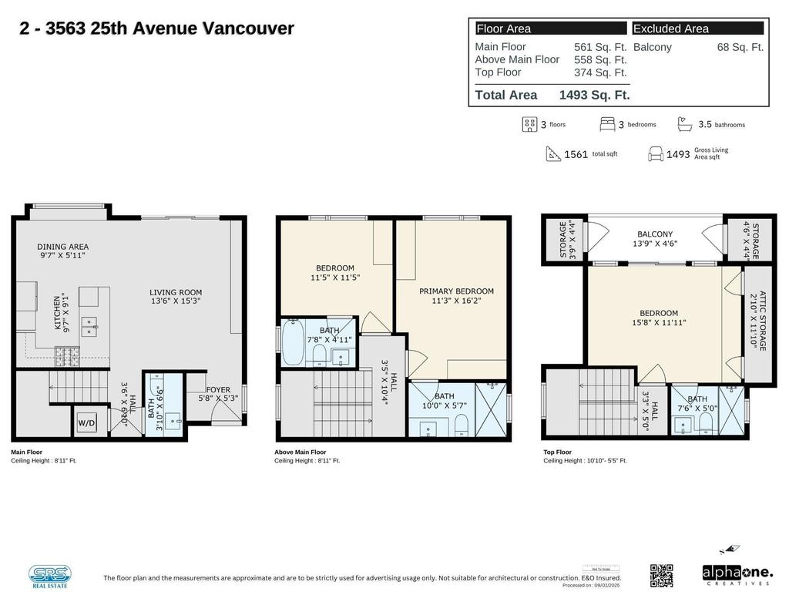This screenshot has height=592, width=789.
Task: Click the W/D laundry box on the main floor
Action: point(86,422)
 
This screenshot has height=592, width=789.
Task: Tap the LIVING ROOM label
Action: point(176,292)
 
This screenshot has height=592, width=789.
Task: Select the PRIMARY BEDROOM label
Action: point(456,291)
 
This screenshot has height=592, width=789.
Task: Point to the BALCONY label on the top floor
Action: point(655,234)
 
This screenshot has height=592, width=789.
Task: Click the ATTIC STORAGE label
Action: point(762,321)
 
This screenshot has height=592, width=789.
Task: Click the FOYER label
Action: point(218,390)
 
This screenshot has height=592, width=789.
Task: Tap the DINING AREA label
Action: point(62,247)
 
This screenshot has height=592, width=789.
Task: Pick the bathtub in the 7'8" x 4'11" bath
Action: point(293,343)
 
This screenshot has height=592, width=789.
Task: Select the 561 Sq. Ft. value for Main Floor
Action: point(600,47)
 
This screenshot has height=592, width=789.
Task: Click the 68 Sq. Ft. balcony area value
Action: point(740,47)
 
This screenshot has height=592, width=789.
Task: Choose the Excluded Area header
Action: point(670,29)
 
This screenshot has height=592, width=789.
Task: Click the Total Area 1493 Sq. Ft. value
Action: point(594,95)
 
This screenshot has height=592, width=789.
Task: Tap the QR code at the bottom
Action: point(661,575)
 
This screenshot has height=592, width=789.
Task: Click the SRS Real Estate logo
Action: point(50,575)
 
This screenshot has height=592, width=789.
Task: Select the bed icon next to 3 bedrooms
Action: point(607,124)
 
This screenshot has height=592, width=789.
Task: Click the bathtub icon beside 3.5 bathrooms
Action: point(684,124)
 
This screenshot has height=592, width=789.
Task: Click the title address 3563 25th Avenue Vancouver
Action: point(156,29)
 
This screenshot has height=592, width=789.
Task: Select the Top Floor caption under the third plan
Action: point(558,452)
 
